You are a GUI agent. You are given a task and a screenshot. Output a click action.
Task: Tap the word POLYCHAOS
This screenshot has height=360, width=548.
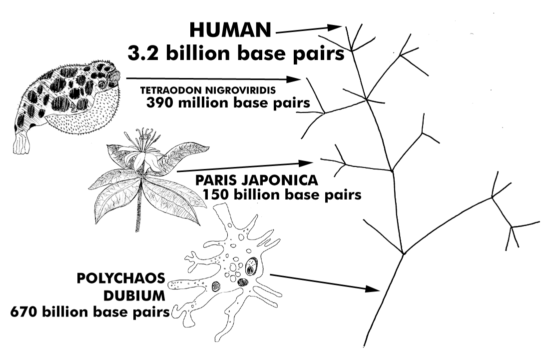click(x=117, y=278)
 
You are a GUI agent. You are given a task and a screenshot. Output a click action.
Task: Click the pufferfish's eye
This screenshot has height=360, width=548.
click(x=102, y=84)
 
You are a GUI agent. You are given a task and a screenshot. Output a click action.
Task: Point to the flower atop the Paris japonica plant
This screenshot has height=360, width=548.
click(x=141, y=150)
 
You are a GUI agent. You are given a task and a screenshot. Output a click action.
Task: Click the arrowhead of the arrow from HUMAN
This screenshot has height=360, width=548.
click(x=336, y=27)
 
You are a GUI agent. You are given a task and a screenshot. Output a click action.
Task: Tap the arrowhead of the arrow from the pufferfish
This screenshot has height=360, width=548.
click(x=296, y=79)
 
